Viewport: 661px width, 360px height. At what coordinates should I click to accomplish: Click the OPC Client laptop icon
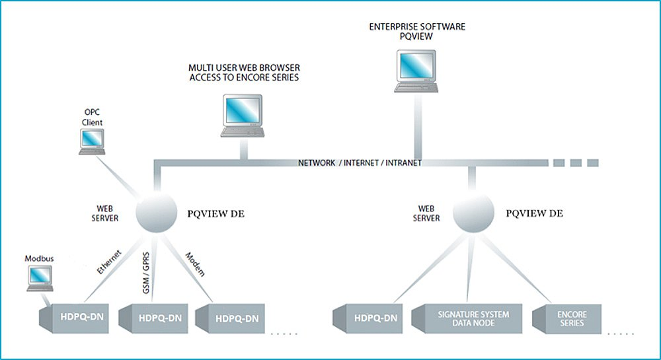coord(92,141)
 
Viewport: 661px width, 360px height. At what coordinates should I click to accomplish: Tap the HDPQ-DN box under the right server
coord(372,318)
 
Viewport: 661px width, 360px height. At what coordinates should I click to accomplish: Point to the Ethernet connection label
coord(109,262)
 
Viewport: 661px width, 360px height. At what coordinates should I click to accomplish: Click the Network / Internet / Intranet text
coord(360,162)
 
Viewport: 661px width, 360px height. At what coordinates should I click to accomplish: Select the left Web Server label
coord(106,213)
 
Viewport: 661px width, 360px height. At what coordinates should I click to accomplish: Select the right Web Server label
coord(427,213)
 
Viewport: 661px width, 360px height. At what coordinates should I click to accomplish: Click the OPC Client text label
coord(92,118)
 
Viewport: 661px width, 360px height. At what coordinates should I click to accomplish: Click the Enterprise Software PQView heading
coord(417,32)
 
